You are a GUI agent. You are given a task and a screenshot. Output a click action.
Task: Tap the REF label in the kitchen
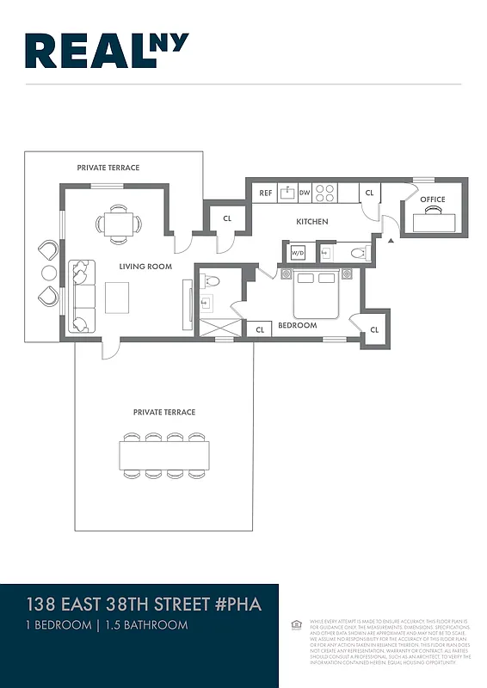point(266,193)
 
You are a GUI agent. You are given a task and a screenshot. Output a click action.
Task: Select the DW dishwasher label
point(305,193)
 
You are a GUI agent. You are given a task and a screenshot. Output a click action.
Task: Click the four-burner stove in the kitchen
point(324,193)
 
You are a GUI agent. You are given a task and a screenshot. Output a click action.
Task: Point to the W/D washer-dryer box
point(298,253)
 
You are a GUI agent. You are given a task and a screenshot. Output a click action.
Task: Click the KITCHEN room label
point(312,222)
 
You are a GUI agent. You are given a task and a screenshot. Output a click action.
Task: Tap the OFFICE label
point(433,200)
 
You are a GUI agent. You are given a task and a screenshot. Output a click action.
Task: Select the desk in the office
point(433,221)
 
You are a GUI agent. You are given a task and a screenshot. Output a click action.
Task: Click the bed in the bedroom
point(313,295)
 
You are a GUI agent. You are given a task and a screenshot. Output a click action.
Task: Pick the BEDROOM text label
point(297,326)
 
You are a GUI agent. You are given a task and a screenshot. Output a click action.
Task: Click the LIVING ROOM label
point(145,267)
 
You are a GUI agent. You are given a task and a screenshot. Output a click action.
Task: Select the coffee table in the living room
point(118,298)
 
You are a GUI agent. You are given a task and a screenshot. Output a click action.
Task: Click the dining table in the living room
point(118,224)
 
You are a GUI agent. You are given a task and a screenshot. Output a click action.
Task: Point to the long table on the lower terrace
point(164,456)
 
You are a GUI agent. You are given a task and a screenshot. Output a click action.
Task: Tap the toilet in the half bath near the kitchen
point(356,253)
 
